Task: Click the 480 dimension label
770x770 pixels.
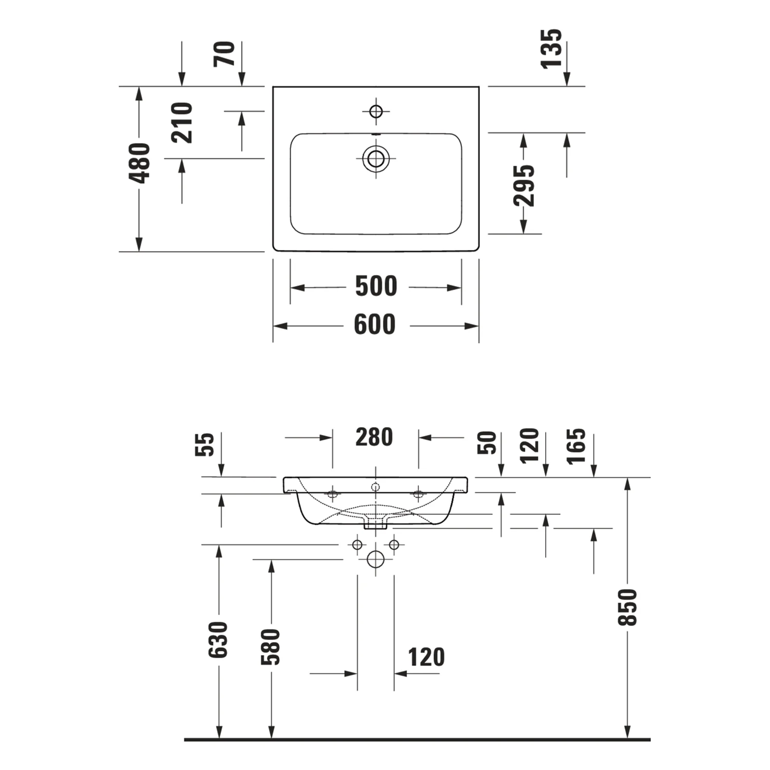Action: [x=140, y=163]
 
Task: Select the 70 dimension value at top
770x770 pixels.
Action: [x=225, y=54]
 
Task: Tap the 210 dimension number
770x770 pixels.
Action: [x=182, y=123]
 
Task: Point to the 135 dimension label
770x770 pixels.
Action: [x=552, y=49]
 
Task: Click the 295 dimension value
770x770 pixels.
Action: [x=524, y=185]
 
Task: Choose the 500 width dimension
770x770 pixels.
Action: [x=376, y=286]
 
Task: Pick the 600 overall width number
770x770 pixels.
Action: [x=375, y=325]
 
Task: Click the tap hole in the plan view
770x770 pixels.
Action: [x=376, y=111]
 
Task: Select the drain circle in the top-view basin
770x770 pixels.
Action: [x=376, y=159]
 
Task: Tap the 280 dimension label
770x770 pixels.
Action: [x=374, y=437]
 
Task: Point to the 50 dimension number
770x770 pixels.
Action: [x=487, y=443]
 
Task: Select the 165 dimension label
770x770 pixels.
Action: [x=576, y=446]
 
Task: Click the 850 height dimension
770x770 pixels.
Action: [x=627, y=607]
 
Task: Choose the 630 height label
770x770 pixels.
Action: [x=218, y=640]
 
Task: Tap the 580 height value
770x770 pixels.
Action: [x=271, y=647]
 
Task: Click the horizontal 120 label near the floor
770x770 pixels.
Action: [x=426, y=658]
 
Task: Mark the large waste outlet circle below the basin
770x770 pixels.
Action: [x=376, y=560]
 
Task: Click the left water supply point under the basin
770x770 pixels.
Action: [x=357, y=545]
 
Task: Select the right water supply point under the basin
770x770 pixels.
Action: [x=394, y=545]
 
